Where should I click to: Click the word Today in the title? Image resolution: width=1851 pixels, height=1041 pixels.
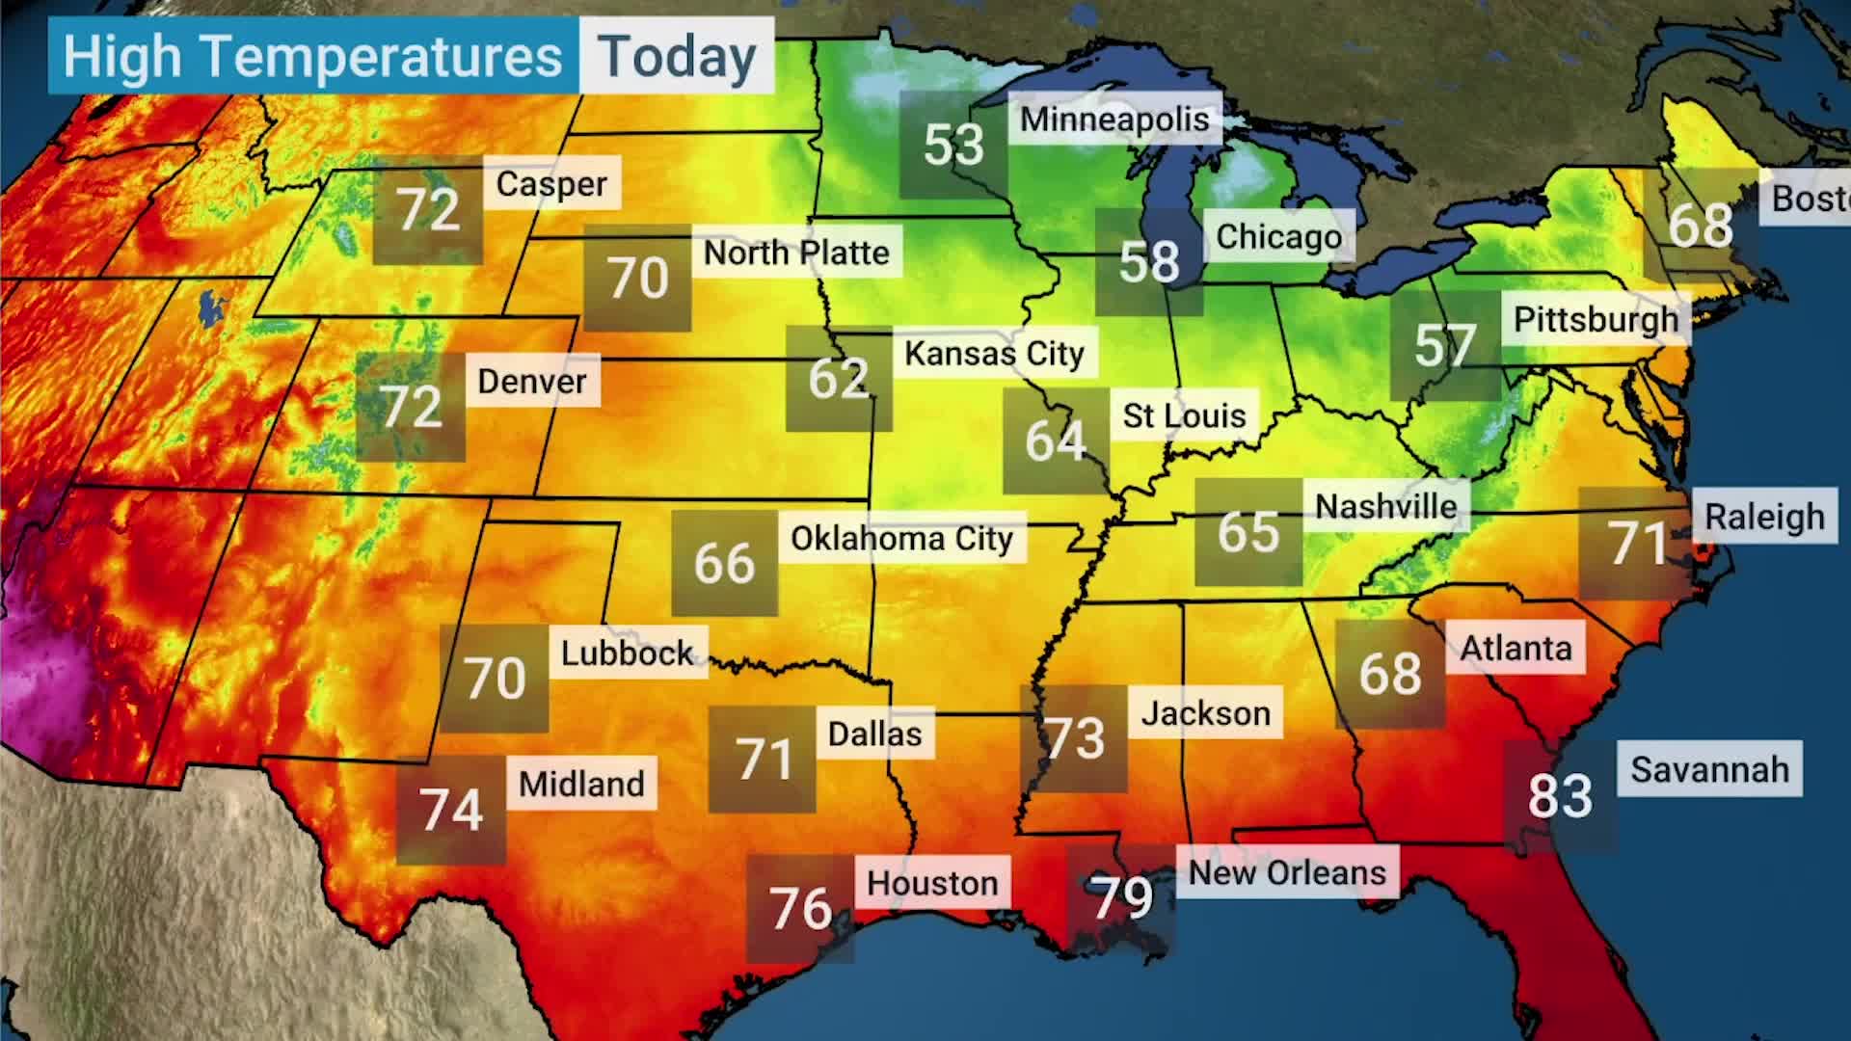tap(677, 57)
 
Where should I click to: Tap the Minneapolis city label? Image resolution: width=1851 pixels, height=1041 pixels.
tap(1114, 120)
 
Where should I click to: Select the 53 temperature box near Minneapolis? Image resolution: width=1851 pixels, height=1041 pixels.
tap(953, 146)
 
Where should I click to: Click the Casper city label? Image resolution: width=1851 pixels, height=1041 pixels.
tap(551, 184)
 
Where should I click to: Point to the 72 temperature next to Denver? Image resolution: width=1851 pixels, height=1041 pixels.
tap(412, 407)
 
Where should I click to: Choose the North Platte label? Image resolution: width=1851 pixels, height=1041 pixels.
tap(796, 253)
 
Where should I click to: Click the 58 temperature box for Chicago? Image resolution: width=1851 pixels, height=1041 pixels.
tap(1149, 262)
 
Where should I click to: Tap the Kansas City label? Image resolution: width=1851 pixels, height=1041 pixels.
tap(994, 354)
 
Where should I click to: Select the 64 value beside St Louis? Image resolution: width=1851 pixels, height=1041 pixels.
tap(1056, 441)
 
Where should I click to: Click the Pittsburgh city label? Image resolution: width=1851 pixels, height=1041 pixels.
tap(1596, 320)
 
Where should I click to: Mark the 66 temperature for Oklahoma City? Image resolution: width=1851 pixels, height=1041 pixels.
tap(724, 564)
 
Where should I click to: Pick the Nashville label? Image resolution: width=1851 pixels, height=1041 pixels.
tap(1386, 507)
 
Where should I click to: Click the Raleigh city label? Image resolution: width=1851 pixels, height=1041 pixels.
tap(1764, 518)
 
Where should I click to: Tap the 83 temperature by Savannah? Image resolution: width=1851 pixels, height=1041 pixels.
tap(1560, 797)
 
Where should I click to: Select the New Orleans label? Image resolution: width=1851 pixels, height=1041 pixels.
tap(1287, 873)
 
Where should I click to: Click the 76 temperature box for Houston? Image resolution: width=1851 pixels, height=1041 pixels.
tap(800, 909)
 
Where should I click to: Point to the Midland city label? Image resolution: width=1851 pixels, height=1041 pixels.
tap(581, 785)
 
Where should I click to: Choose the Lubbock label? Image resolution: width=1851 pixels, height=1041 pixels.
tap(627, 654)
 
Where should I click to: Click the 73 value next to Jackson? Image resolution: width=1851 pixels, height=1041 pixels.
tap(1074, 739)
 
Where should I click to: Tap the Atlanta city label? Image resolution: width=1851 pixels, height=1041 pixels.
tap(1516, 649)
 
